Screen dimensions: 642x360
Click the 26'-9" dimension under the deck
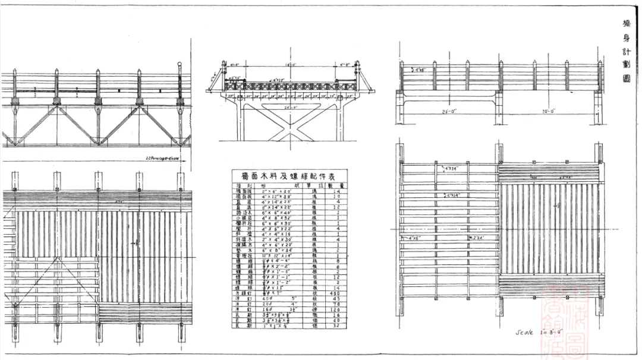tap(291, 108)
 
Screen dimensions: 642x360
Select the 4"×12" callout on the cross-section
tap(279, 78)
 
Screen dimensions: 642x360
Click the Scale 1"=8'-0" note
tap(536, 333)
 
